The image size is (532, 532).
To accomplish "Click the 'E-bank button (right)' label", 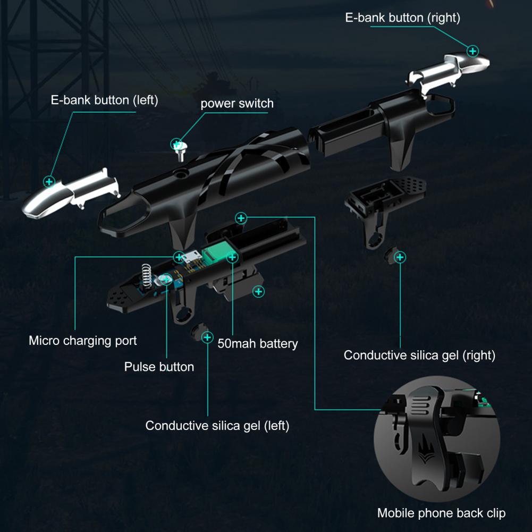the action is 402,18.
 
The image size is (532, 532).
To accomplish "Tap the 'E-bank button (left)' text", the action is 105,100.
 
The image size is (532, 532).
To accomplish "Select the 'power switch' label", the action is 237,104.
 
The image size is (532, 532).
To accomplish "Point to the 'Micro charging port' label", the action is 83,341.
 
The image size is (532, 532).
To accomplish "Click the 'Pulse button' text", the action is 159,367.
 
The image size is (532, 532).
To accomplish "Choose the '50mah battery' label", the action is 258,344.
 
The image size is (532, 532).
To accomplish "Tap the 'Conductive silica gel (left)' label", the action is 217,426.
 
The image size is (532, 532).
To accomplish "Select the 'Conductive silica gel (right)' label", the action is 419,355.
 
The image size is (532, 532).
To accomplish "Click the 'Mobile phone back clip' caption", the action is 441,513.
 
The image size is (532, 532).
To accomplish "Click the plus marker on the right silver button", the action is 472,51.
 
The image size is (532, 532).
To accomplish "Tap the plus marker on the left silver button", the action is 49,182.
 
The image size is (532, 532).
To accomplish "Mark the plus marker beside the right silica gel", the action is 400,257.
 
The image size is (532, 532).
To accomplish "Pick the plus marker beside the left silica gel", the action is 207,337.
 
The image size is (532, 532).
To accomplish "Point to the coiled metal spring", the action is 146,276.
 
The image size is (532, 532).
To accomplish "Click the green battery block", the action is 214,252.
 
